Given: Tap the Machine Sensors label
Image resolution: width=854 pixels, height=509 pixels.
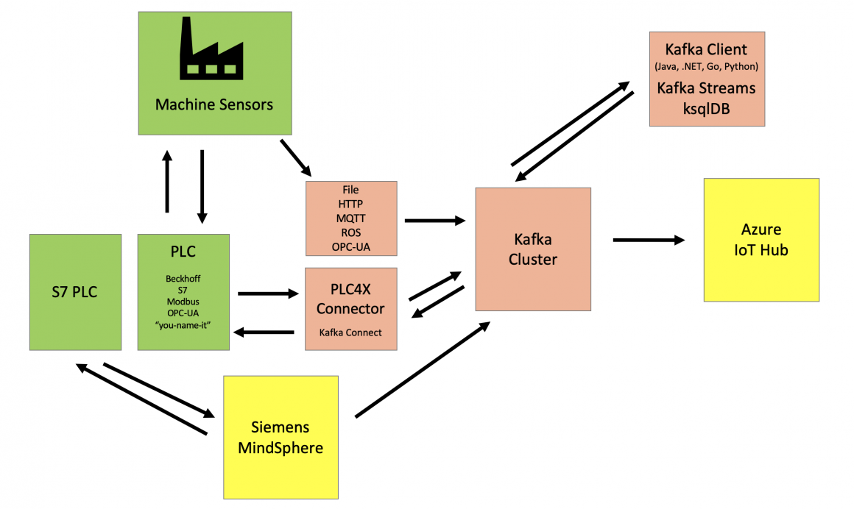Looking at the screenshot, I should tap(214, 104).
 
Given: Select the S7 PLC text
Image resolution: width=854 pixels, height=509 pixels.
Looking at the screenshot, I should tap(75, 292).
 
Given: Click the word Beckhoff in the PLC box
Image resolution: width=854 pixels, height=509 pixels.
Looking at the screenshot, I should tap(183, 280).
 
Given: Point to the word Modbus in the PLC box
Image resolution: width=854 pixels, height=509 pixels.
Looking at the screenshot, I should tap(183, 302).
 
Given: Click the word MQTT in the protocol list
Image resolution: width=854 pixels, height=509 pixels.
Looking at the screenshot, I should tap(351, 218).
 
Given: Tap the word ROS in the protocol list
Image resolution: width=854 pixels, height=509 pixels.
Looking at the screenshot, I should tap(351, 232).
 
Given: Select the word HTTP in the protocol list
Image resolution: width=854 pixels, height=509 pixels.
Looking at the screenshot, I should tap(351, 204).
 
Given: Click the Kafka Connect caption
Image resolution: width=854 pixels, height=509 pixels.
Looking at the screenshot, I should tap(350, 332).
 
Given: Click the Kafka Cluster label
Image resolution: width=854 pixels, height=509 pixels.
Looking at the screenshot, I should tap(533, 249).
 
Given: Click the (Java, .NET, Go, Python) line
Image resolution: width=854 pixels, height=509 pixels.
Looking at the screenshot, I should tap(706, 67).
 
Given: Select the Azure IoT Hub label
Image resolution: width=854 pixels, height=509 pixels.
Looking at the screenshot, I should tap(761, 240).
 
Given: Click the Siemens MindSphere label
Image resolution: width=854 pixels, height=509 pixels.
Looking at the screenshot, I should tap(280, 437).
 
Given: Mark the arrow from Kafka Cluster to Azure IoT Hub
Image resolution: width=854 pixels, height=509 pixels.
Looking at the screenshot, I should tap(648, 239).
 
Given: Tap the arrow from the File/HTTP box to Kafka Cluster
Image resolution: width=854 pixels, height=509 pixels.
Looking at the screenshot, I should tap(435, 220).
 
